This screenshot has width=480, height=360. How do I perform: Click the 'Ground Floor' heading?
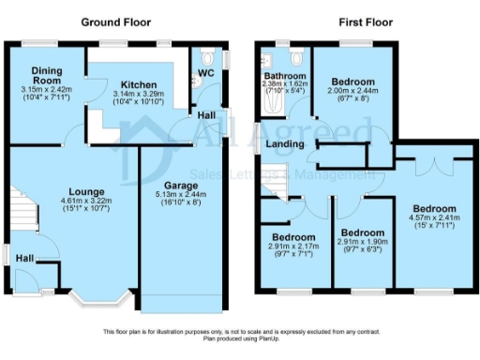(x=114, y=21)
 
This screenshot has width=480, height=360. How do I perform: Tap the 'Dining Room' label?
(x=47, y=75)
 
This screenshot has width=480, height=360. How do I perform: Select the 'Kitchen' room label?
(x=132, y=83)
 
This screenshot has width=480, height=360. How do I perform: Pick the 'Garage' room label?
(x=181, y=185)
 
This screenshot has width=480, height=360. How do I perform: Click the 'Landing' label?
(x=284, y=144)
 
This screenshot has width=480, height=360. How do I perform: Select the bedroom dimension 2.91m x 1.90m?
(x=362, y=243)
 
